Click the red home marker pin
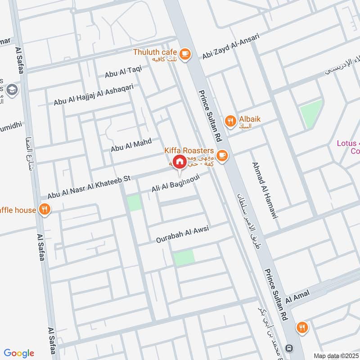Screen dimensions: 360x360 [180, 162]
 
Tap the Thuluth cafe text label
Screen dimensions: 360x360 [155, 52]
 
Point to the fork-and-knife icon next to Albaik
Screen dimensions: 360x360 [230, 120]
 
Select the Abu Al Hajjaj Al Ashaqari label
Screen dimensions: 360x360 [93, 95]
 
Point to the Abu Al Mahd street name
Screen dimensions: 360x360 [131, 145]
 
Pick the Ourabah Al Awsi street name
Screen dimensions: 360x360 [183, 234]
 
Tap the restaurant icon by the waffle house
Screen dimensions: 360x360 [44, 209]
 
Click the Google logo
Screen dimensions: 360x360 [19, 353]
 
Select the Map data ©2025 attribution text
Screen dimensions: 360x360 [334, 355]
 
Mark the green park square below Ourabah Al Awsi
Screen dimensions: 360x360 [184, 257]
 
